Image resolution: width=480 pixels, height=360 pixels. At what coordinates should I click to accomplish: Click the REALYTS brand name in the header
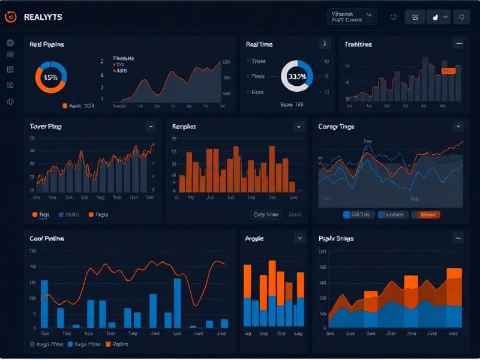[x=43, y=17]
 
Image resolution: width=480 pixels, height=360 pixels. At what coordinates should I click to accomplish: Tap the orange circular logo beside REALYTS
[x=11, y=17]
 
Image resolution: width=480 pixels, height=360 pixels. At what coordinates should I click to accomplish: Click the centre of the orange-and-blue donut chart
[x=51, y=77]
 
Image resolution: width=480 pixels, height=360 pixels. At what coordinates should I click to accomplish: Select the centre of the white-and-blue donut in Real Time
[x=296, y=76]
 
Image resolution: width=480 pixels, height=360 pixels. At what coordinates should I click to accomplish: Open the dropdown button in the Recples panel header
[x=298, y=127]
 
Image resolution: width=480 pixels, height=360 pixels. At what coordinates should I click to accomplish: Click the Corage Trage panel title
[x=336, y=127]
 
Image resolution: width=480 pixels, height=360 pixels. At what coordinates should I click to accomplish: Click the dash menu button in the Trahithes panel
[x=458, y=44]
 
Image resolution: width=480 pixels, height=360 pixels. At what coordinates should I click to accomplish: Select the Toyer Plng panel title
[x=46, y=127]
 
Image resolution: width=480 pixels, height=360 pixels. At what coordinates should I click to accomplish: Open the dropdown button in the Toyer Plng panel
[x=151, y=127]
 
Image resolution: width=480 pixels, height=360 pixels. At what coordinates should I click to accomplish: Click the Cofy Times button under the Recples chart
[x=266, y=214]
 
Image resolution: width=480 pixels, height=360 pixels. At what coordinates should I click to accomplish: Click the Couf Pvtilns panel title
[x=47, y=238]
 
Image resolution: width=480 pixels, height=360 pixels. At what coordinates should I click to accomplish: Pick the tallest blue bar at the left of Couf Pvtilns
[x=44, y=303]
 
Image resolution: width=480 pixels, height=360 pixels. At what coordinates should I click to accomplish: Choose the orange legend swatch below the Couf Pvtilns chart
[x=109, y=344]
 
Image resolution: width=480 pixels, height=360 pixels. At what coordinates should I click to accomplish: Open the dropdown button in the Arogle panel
[x=299, y=238]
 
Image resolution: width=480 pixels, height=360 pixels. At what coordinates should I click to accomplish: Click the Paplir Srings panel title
[x=336, y=238]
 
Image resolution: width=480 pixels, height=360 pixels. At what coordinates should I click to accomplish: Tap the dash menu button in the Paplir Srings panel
[x=458, y=238]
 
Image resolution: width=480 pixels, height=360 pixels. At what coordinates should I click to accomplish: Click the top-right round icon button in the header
[x=461, y=17]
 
